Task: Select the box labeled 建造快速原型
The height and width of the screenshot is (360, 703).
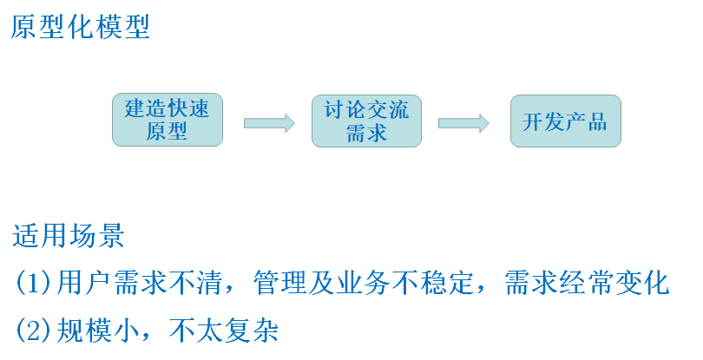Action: coord(168,121)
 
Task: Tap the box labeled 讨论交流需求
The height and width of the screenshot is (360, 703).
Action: coord(366,121)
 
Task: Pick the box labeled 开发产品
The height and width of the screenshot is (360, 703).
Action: coord(565,121)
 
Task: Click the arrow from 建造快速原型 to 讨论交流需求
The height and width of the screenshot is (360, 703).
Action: coord(269,123)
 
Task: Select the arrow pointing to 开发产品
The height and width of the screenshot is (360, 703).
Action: coord(464,123)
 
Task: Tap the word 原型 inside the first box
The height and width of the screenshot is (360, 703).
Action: coord(168,133)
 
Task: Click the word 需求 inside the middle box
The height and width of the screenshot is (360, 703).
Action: coord(366,133)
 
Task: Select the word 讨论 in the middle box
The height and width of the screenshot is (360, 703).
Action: coord(345,109)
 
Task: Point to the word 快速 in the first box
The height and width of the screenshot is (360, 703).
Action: coord(189,109)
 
